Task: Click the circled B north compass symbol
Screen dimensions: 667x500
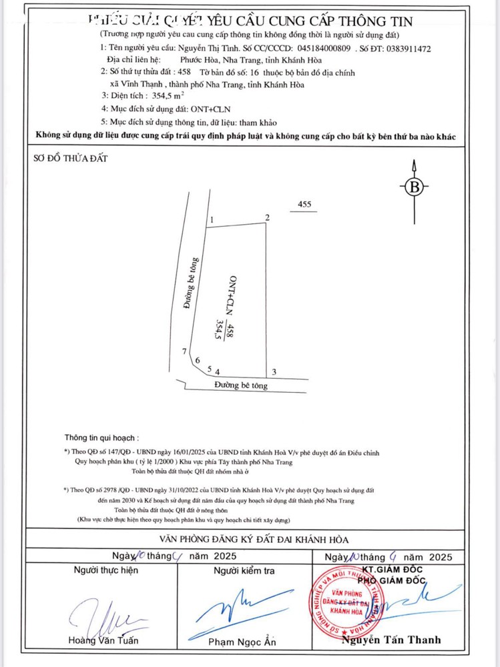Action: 415,187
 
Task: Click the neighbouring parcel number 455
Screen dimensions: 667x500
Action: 304,205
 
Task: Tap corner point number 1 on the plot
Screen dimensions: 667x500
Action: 211,220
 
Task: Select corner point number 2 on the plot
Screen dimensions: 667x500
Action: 267,218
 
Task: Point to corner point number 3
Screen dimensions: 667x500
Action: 273,372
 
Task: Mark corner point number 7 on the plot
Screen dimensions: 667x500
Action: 184,352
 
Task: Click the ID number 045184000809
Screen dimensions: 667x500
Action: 324,49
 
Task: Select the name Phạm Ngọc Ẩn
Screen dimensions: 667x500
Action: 242,642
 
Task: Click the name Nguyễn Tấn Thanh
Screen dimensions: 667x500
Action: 391,640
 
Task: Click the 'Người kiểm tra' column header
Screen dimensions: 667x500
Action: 244,571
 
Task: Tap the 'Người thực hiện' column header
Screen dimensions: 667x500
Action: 106,571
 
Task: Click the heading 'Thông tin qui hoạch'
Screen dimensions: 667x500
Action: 102,438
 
